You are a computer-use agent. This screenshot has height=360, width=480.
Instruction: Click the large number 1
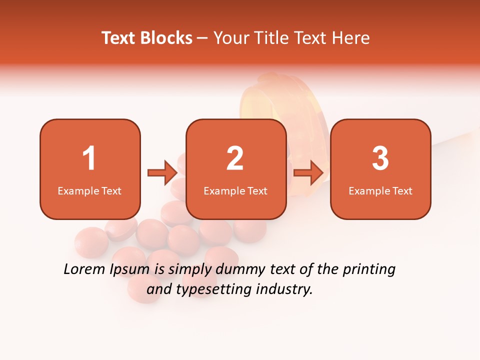89,158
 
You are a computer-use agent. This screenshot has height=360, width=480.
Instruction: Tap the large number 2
235,158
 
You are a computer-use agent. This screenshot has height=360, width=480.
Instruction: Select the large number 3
380,158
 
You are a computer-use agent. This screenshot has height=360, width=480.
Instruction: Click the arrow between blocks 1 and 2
162,173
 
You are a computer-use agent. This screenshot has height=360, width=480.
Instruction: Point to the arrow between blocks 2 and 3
308,173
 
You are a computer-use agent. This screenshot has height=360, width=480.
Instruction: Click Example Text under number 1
89,190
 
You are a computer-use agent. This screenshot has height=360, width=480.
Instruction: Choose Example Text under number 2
235,190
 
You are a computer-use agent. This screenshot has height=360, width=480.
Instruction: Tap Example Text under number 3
380,190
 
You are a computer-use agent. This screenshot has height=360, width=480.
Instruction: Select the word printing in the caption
369,270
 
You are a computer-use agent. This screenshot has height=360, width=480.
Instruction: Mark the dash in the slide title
202,38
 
